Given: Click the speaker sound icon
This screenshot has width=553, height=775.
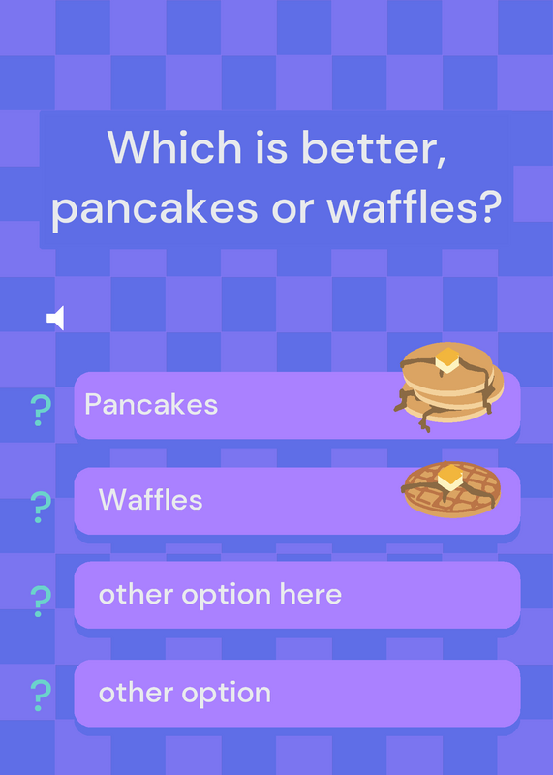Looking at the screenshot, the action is [55, 318].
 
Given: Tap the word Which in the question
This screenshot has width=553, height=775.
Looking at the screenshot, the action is [174, 147].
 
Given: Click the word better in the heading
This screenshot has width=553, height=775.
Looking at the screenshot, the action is [374, 148].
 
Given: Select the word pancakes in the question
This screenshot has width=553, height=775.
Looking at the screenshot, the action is [155, 208].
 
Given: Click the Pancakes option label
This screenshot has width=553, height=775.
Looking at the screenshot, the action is [151, 404].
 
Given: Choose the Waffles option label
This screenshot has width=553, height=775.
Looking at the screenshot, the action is [151, 499].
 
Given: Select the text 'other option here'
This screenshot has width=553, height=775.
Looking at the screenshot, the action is [221, 594].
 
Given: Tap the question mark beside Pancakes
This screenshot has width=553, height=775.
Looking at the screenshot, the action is [41, 411].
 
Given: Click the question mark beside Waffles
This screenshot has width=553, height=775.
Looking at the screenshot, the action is [41, 507].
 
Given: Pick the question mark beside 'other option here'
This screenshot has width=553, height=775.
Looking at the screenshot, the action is [41, 602].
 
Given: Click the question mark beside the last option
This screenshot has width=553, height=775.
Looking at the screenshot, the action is [41, 696].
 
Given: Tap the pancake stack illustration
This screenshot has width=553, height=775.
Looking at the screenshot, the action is [448, 387].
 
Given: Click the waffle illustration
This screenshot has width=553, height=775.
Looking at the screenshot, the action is [451, 489].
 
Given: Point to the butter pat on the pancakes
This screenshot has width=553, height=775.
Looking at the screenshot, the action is [447, 359].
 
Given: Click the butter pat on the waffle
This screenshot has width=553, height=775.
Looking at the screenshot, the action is [450, 478].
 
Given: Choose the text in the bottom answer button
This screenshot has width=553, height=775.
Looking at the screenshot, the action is [185, 693].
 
